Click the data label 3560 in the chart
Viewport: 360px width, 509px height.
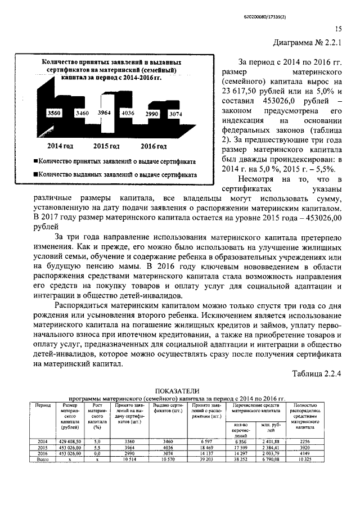[55, 113]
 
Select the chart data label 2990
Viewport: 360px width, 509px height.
[153, 114]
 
